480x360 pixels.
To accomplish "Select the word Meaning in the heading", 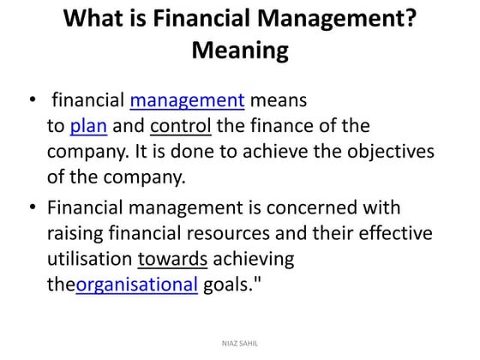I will click(240, 51).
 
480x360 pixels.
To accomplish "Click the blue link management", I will click(188, 101).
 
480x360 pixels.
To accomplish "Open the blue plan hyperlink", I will click(88, 128).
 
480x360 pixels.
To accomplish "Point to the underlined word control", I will click(181, 128).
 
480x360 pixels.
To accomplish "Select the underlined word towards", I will click(172, 259).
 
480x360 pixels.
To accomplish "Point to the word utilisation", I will click(89, 259).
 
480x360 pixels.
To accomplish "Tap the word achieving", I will click(253, 259).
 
